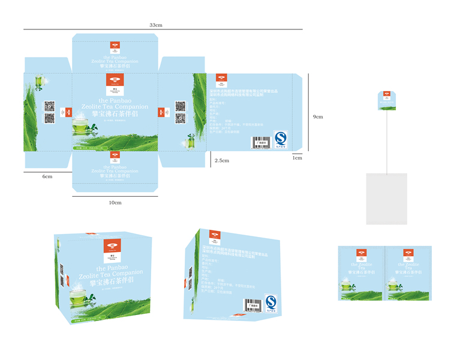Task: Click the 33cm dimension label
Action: pyautogui.click(x=156, y=25)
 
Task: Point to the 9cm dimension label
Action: pyautogui.click(x=318, y=116)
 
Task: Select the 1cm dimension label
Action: pyautogui.click(x=297, y=158)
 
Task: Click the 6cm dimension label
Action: pyautogui.click(x=47, y=176)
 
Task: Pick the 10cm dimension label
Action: pyautogui.click(x=115, y=202)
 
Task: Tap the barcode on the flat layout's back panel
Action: pyautogui.click(x=260, y=142)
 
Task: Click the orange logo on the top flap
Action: pyautogui.click(x=115, y=46)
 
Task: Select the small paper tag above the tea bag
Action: pyautogui.click(x=388, y=100)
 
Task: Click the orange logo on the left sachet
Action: pyautogui.click(x=361, y=254)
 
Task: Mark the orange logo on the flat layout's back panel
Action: pyautogui.click(x=221, y=79)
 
